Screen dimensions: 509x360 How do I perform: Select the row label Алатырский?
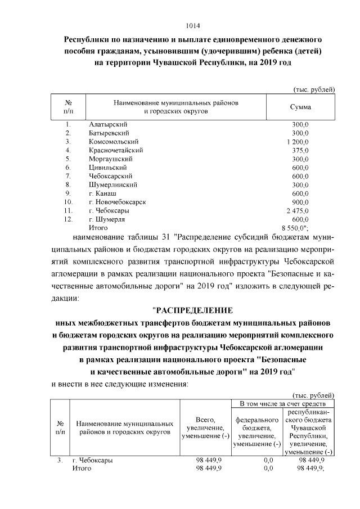[x=109, y=124]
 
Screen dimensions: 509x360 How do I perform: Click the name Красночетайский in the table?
[x=116, y=150]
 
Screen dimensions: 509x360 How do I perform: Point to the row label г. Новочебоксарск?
[x=118, y=201]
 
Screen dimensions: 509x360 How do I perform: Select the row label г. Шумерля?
[x=106, y=219]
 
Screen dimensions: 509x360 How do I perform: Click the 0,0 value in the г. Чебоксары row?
[x=268, y=460]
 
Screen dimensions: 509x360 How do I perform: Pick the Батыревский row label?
[x=110, y=133]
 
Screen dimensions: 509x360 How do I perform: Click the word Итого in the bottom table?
[x=82, y=468]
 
